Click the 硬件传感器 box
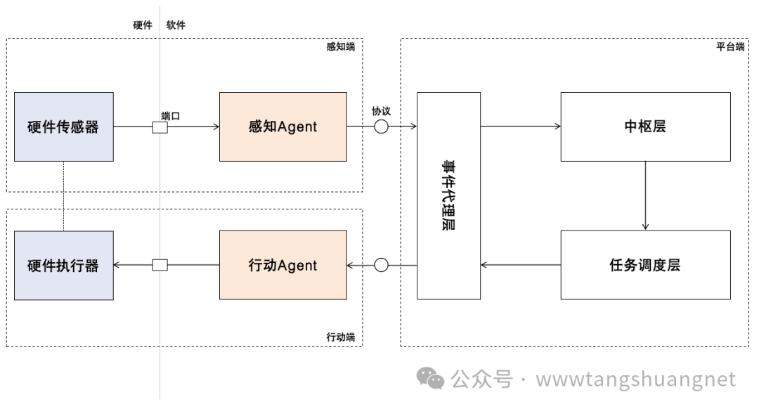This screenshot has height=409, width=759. tap(63, 127)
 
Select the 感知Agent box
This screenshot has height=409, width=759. tap(283, 127)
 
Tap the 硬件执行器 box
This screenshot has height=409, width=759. tap(63, 266)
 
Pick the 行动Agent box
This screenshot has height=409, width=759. tap(283, 266)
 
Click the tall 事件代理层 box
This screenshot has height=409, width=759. tap(448, 195)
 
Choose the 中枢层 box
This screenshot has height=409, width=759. tap(644, 127)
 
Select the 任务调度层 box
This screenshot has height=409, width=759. tap(644, 266)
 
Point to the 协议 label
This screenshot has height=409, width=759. tap(381, 112)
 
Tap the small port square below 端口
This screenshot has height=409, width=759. tap(160, 127)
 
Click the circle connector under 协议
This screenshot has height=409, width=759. tap(381, 127)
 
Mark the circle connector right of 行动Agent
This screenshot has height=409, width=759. tap(381, 265)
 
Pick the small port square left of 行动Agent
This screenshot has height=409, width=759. tap(160, 265)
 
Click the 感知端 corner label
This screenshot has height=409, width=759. tap(341, 48)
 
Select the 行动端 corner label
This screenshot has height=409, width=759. tap(341, 337)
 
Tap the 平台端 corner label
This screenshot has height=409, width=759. tap(730, 48)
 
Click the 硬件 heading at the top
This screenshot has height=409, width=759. tap(143, 25)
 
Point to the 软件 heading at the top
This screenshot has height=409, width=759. tap(176, 25)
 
